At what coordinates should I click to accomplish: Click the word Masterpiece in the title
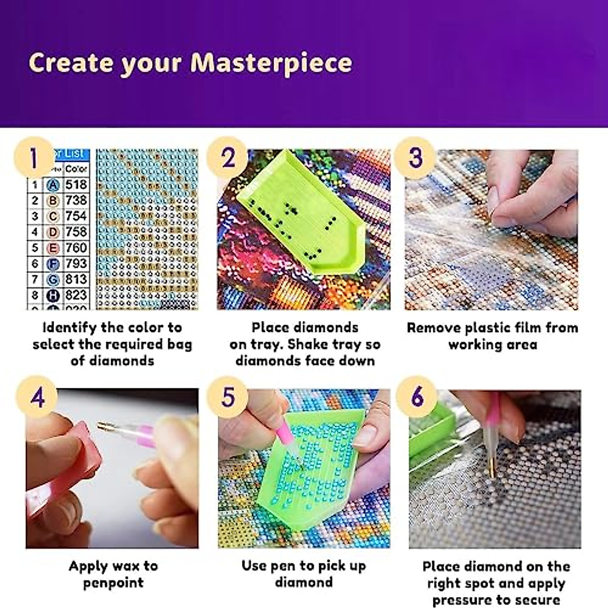[x=271, y=63]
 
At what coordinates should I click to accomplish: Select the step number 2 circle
[x=227, y=158]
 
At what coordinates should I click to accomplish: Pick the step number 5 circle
[x=227, y=397]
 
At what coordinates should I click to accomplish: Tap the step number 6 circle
[x=416, y=397]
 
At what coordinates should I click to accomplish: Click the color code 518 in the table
[x=76, y=184]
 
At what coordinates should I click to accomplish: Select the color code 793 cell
[x=76, y=263]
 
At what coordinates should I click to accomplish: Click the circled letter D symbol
[x=53, y=233]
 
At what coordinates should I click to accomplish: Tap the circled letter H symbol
[x=53, y=295]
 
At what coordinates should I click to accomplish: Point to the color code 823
[x=76, y=295]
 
